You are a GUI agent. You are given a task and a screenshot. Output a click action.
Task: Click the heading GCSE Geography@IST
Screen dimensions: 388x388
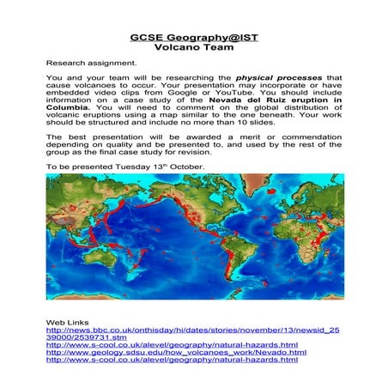193,38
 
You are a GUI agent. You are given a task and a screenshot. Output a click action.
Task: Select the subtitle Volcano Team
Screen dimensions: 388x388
193,48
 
